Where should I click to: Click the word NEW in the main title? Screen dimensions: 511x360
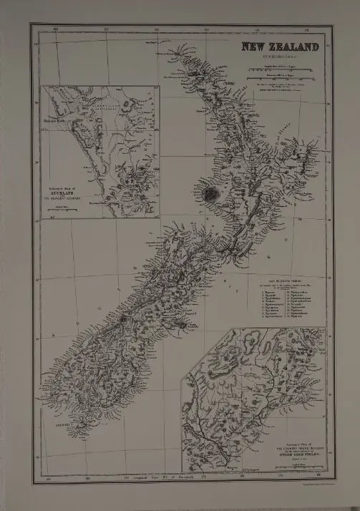tap(253, 48)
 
